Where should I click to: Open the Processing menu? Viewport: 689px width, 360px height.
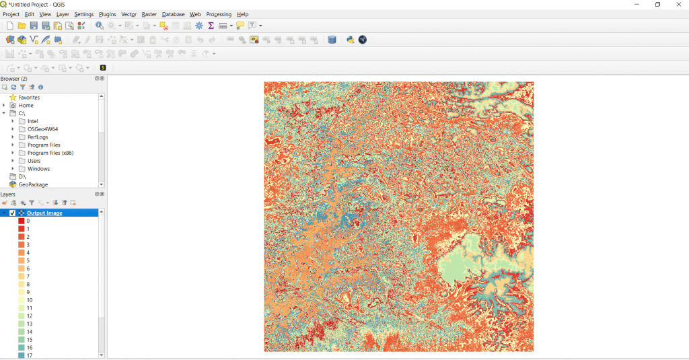coord(219,14)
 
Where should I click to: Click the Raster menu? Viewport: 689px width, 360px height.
coord(149,14)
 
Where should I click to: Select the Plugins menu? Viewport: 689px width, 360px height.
coord(107,14)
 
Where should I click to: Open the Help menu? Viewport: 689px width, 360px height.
coord(243,14)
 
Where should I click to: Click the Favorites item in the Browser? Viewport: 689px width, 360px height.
coord(29,98)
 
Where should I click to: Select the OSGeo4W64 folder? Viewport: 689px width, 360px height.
coord(42,129)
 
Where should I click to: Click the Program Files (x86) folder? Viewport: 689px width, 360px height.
coord(50,153)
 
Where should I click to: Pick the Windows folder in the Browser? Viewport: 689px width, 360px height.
coord(38,169)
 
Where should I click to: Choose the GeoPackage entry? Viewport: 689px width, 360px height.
coord(33,184)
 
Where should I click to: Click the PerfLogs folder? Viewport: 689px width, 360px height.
coord(38,137)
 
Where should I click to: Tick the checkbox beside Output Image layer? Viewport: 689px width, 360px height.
coord(12,213)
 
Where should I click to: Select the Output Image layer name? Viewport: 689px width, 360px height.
coord(44,213)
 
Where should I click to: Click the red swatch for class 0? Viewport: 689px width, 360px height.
coord(22,221)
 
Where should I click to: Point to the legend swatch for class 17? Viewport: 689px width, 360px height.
coord(22,355)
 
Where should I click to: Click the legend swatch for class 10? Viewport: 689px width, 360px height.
coord(22,300)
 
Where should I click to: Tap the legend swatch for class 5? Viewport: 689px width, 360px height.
coord(22,260)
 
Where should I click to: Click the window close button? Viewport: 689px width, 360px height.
coord(678,5)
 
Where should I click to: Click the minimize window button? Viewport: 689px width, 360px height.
coord(637,5)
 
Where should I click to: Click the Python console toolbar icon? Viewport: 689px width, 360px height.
coord(351,40)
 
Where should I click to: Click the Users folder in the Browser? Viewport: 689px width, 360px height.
coord(34,161)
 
